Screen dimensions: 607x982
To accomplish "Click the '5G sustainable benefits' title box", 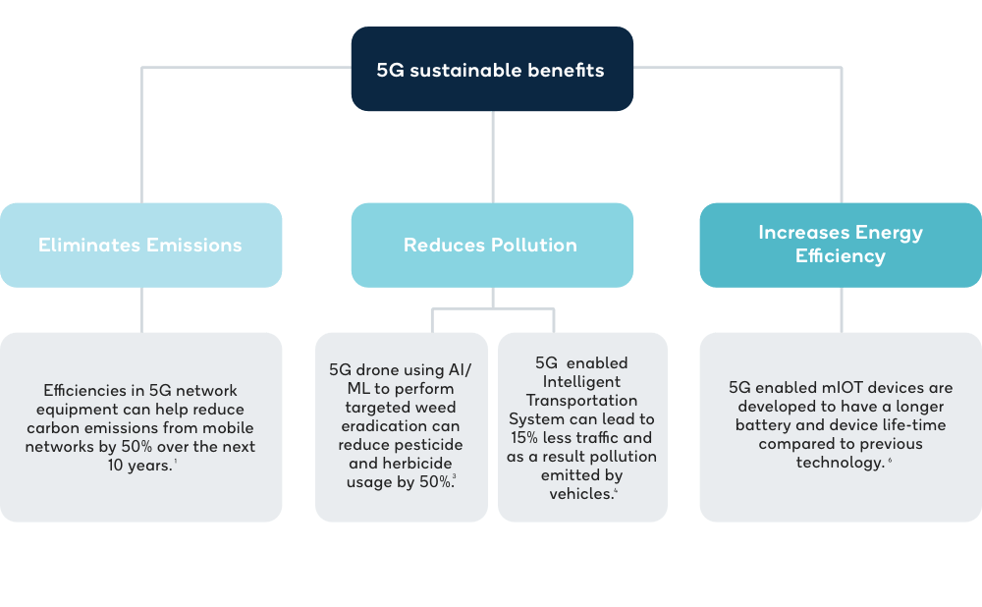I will pyautogui.click(x=492, y=70).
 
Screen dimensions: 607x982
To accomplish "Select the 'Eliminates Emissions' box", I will pyautogui.click(x=140, y=245).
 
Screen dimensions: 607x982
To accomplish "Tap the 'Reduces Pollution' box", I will pyautogui.click(x=491, y=245).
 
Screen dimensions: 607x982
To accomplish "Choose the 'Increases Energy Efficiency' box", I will pyautogui.click(x=841, y=245).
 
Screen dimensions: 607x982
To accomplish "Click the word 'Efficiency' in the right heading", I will pyautogui.click(x=841, y=256).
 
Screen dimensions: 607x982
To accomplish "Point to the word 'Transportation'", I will pyautogui.click(x=581, y=401).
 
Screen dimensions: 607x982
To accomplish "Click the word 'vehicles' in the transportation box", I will pyautogui.click(x=580, y=494).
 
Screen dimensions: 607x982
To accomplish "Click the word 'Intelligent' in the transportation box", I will pyautogui.click(x=582, y=382).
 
